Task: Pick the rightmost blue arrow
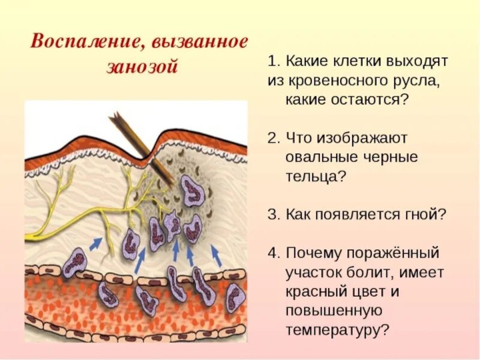pyautogui.click(x=218, y=256)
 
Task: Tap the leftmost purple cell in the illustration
pyautogui.click(x=76, y=262)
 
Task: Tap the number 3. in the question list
pyautogui.click(x=274, y=214)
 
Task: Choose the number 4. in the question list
pyautogui.click(x=274, y=253)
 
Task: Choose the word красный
pyautogui.click(x=319, y=291)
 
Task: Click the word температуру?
pyautogui.click(x=338, y=329)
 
